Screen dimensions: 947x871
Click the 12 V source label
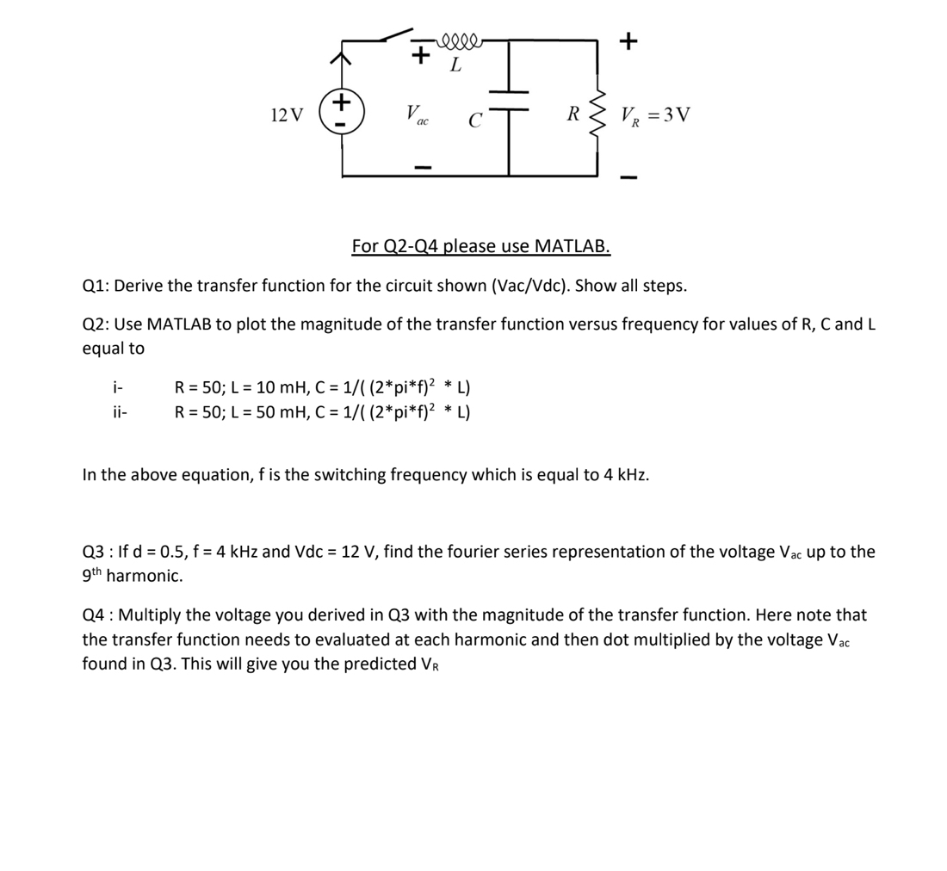point(287,115)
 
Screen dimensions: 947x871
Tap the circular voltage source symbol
point(342,114)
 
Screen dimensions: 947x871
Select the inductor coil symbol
point(461,40)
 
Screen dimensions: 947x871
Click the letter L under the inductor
point(455,65)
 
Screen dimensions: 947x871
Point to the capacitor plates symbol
point(509,102)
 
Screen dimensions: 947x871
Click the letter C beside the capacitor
point(474,120)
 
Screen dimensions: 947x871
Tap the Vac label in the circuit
point(418,114)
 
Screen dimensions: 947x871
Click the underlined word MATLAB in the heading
point(573,247)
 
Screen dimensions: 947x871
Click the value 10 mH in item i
point(270,386)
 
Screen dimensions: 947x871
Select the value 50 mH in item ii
point(270,411)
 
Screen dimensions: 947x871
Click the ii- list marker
point(120,411)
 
